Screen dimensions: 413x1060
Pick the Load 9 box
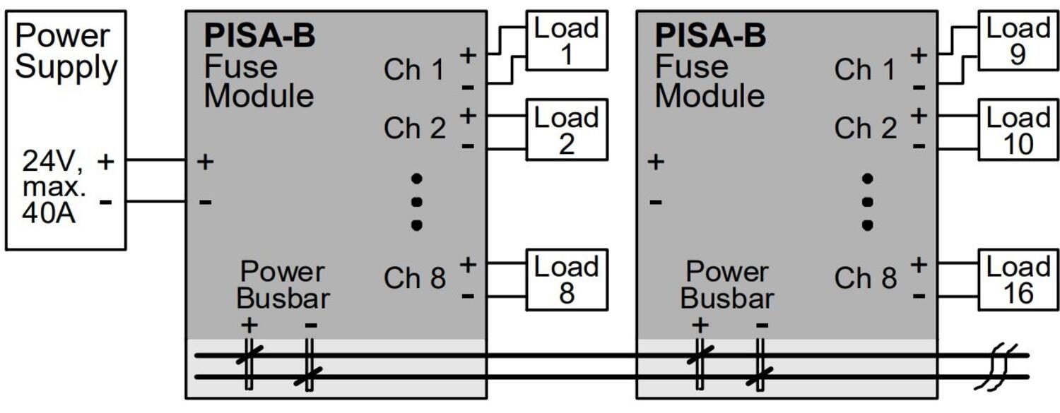pos(1018,41)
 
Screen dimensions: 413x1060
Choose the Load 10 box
pos(1018,129)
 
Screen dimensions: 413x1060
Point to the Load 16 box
pos(1018,280)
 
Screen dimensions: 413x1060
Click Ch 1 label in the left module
pos(414,70)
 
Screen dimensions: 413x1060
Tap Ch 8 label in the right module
pos(865,278)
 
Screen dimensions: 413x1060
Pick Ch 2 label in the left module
pos(414,129)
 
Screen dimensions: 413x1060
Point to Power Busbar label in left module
pos(283,285)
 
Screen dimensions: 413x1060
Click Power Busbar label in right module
pos(728,285)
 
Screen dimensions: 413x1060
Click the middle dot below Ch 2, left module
pos(417,202)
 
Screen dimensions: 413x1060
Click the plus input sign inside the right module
pos(656,162)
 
